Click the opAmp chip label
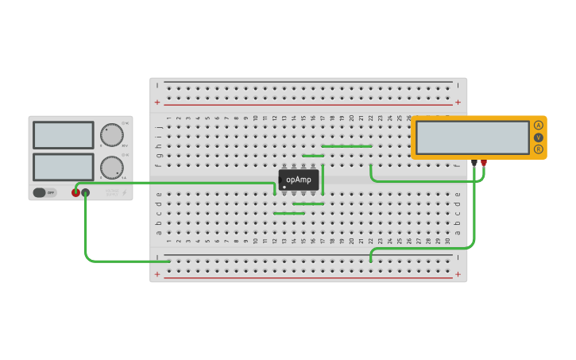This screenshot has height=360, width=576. pyautogui.click(x=299, y=180)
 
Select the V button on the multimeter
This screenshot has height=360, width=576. pyautogui.click(x=539, y=137)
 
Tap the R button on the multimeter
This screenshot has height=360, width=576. pyautogui.click(x=539, y=149)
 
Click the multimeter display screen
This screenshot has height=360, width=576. pyautogui.click(x=473, y=137)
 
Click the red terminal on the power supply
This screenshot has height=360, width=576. pyautogui.click(x=76, y=192)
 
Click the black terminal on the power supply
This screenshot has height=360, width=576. pyautogui.click(x=86, y=192)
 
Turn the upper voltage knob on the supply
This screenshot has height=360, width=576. pyautogui.click(x=112, y=134)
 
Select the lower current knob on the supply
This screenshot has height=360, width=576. pyautogui.click(x=112, y=168)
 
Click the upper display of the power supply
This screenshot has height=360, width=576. pyautogui.click(x=64, y=135)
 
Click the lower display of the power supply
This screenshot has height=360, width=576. pyautogui.click(x=64, y=167)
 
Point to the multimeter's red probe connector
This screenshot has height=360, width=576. pyautogui.click(x=484, y=163)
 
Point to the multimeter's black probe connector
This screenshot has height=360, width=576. pyautogui.click(x=474, y=163)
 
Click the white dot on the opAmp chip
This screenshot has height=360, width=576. pyautogui.click(x=284, y=187)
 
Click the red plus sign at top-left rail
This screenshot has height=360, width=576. pyautogui.click(x=157, y=102)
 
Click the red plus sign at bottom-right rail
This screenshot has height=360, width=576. pyautogui.click(x=458, y=274)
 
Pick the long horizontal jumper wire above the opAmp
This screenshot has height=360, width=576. pyautogui.click(x=346, y=146)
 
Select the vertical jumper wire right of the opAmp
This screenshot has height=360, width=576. pyautogui.click(x=323, y=180)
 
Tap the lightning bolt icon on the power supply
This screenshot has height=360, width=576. pyautogui.click(x=123, y=192)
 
